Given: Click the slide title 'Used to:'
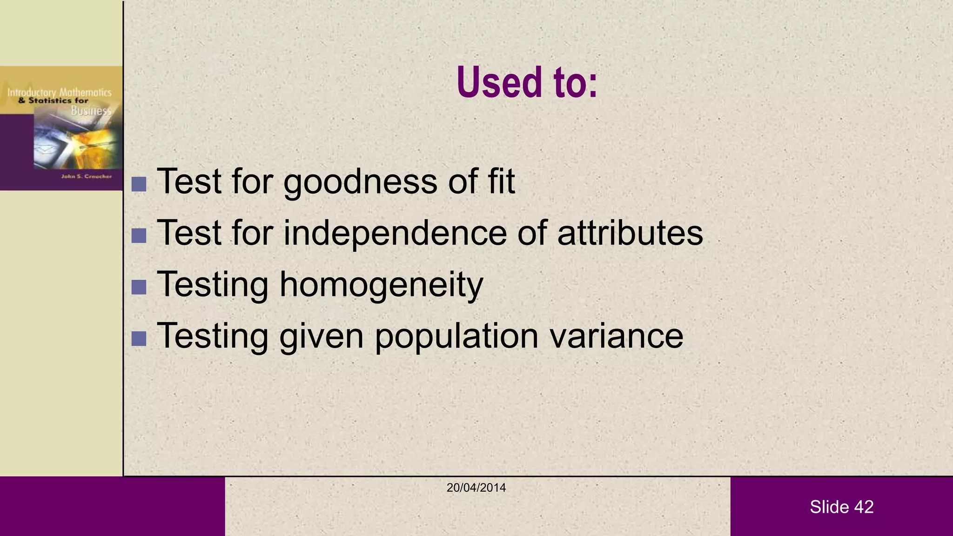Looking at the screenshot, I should tap(527, 82).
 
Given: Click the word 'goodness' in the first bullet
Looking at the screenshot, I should tap(360, 181).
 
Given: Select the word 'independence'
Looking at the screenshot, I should tap(395, 233).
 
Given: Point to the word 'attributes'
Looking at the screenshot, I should tap(630, 233).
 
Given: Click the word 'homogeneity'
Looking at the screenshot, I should tap(381, 285).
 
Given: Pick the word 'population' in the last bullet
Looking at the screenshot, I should tap(456, 336).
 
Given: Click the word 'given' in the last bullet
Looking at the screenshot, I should tap(321, 336).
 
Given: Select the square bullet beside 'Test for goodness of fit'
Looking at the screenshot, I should tap(139, 184).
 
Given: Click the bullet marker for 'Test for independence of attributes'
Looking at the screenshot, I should tap(139, 235).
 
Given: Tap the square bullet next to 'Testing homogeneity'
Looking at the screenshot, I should tap(139, 287).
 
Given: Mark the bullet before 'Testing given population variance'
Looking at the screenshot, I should tap(139, 339).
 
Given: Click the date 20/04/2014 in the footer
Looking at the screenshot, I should tap(476, 488).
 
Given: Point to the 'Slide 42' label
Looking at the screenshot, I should tap(841, 507).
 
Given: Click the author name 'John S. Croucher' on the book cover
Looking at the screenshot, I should tap(87, 176).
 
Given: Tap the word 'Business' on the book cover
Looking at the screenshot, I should tap(91, 111).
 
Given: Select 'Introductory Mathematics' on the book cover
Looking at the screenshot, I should tap(59, 93).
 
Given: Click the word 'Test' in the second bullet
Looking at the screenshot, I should tap(189, 233).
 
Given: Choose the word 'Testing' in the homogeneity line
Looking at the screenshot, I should tap(213, 285).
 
